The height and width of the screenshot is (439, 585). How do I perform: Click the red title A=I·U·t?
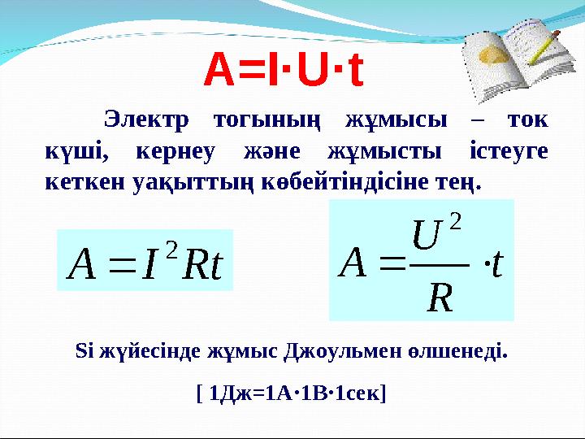284,71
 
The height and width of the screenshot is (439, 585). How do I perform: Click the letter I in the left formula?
149,261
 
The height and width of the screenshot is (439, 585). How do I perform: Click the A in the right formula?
354,262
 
